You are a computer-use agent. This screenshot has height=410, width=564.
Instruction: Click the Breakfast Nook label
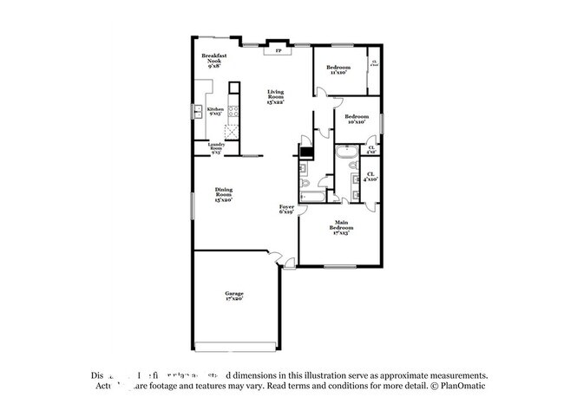(x=214, y=60)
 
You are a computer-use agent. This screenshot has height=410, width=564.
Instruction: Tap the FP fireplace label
(x=279, y=51)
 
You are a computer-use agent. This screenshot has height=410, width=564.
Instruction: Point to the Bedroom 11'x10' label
(x=338, y=69)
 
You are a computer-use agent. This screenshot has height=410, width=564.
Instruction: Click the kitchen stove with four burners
(x=233, y=110)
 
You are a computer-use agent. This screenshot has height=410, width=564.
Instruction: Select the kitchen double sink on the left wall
(x=199, y=110)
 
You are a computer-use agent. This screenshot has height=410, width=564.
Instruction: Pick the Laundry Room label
(x=215, y=148)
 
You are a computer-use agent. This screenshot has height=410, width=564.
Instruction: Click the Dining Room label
(x=224, y=194)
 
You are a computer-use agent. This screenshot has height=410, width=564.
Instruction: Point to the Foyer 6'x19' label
(x=286, y=209)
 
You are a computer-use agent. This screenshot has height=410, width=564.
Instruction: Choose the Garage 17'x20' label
(x=235, y=296)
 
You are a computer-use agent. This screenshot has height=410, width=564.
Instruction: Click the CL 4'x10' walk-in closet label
(x=371, y=178)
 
